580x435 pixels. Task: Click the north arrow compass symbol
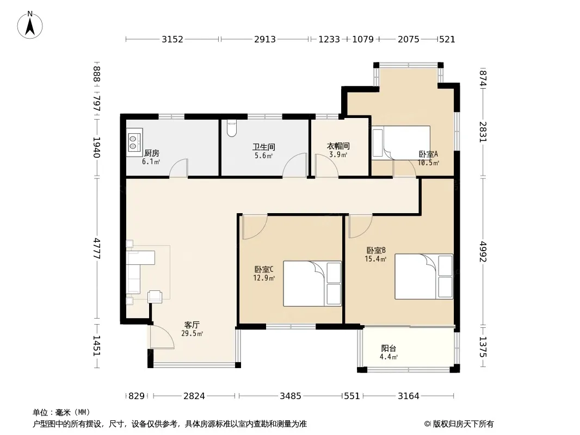click(x=30, y=25)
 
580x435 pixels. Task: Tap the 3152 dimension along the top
click(x=172, y=39)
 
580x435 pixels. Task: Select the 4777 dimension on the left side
click(x=97, y=248)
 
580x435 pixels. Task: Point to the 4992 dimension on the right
click(x=483, y=251)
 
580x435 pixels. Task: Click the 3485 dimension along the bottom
click(x=291, y=396)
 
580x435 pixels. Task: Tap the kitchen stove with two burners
click(x=134, y=142)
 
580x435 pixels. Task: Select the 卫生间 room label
click(x=264, y=147)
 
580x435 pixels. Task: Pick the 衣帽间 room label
click(x=338, y=146)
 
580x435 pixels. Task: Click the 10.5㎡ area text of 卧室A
click(x=428, y=163)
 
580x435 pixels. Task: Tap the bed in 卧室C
click(x=312, y=283)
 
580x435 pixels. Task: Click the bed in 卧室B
click(x=424, y=276)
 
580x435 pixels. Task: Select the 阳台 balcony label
click(x=389, y=348)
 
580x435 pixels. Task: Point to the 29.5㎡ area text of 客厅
click(x=192, y=333)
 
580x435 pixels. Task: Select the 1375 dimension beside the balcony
click(x=483, y=347)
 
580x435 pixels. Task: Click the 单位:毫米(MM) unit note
click(x=61, y=413)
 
